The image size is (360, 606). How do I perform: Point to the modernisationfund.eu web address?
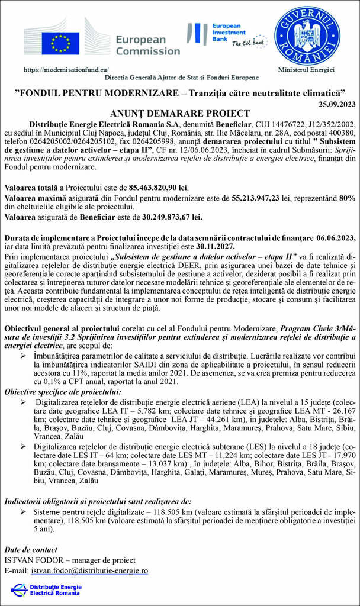click(66, 69)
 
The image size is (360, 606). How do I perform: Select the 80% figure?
click(348, 198)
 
